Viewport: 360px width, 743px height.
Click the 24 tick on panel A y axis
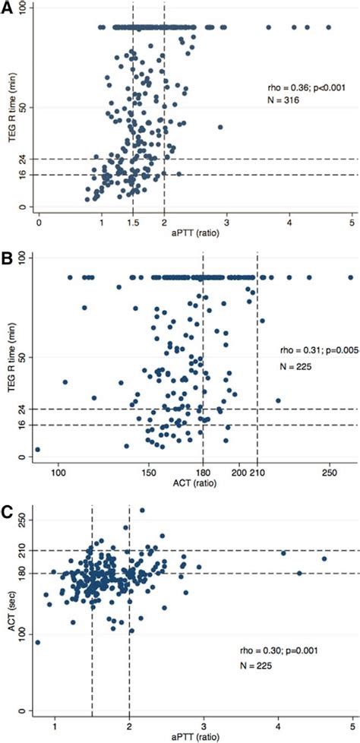click(x=23, y=159)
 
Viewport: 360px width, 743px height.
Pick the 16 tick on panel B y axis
click(x=23, y=425)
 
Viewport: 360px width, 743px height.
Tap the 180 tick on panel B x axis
click(x=203, y=470)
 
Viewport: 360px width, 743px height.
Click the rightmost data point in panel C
click(x=324, y=559)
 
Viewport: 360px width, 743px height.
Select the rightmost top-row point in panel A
click(x=328, y=27)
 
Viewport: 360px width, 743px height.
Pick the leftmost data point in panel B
click(x=37, y=450)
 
